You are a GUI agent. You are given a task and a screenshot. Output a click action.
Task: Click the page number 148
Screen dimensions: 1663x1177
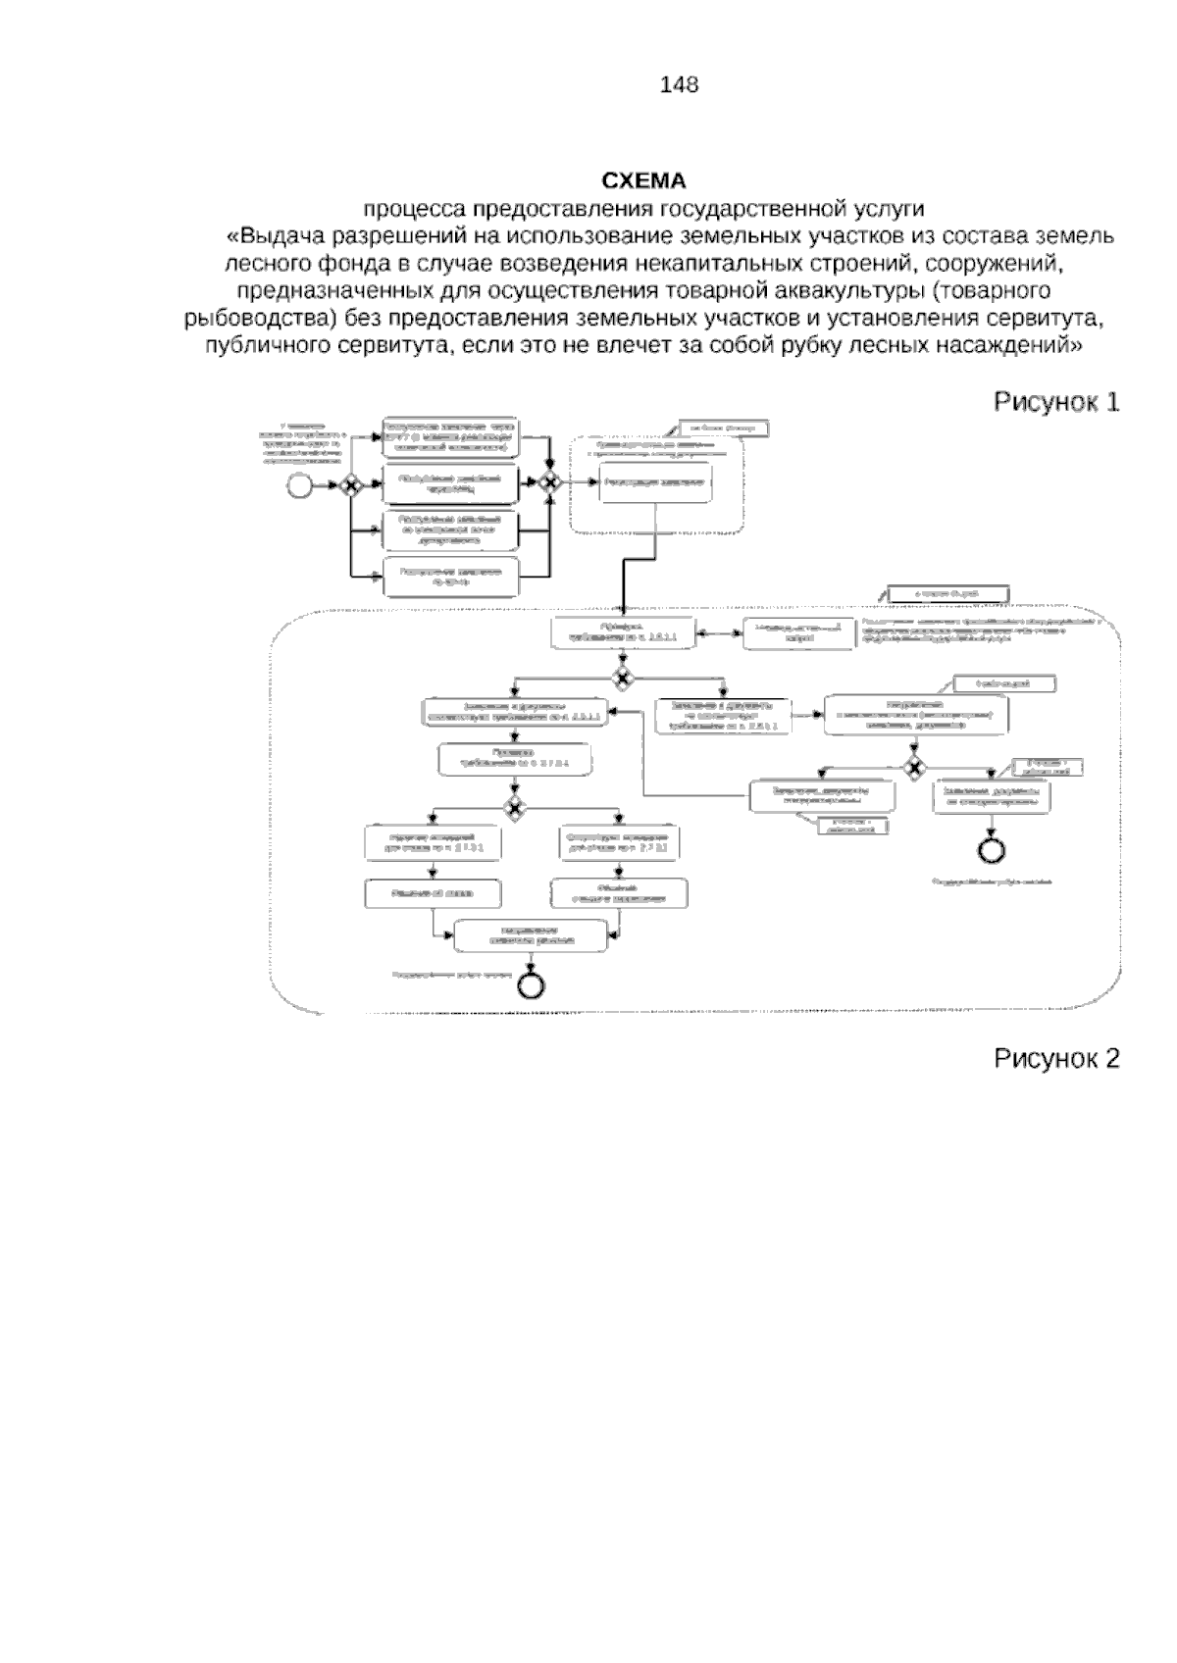[679, 85]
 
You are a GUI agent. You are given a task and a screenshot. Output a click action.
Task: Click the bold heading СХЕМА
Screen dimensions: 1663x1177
[643, 181]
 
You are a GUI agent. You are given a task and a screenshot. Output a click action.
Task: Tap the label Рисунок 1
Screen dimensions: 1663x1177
[1056, 402]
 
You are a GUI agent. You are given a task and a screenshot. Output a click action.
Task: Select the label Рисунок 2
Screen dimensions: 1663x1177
[1056, 1058]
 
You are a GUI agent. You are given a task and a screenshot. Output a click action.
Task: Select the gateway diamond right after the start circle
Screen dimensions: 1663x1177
[349, 485]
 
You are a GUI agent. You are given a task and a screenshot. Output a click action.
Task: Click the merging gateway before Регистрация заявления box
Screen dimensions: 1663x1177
[548, 482]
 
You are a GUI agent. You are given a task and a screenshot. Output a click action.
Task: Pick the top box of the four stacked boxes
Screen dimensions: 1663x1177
[450, 437]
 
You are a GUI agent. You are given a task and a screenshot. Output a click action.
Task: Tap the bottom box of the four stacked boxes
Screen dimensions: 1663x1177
[450, 577]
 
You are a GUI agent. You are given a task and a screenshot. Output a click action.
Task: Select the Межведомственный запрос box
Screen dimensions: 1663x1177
[798, 632]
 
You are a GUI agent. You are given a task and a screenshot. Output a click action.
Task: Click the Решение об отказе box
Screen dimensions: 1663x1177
[433, 892]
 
